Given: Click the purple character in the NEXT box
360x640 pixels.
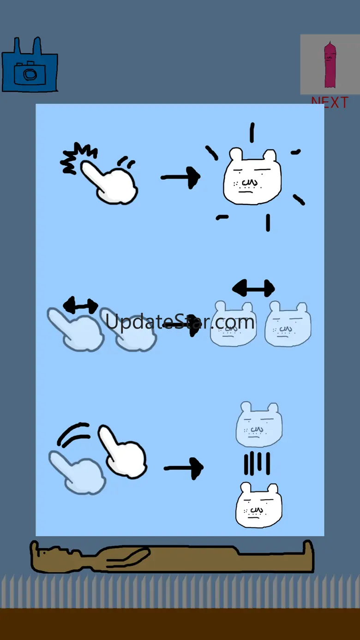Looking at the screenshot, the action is pos(330,65).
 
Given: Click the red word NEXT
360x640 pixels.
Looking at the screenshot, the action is pos(330,102).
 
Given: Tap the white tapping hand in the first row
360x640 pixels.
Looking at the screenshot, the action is pos(110,183).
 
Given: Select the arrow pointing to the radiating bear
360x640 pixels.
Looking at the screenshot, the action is pos(180,178).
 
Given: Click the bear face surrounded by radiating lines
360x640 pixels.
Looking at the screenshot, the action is pos(252,177).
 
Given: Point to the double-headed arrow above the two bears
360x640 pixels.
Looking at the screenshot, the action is pos(253,288).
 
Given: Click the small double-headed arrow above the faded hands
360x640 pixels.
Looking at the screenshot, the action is pos(81,305).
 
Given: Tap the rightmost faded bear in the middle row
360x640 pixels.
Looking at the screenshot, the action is pos(288,324).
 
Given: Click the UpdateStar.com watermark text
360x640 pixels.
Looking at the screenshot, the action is pos(180,322).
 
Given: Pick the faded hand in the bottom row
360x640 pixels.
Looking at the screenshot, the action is pos(77,473).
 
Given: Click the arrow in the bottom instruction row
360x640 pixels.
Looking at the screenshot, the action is pos(184,468).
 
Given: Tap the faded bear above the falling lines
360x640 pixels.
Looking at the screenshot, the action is pos(259,425).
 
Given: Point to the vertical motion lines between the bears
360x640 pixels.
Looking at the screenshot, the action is pos(257,463).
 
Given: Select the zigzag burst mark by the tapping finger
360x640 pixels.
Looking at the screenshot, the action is pos(78,158).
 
